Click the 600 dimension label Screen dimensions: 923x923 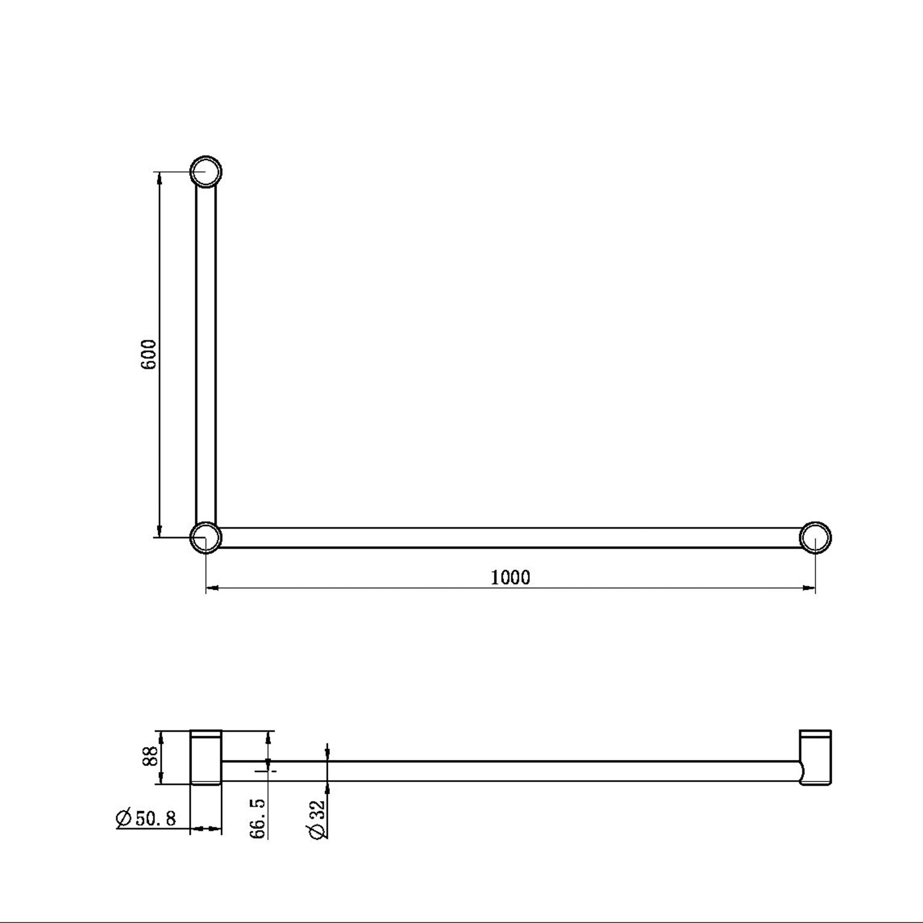150,354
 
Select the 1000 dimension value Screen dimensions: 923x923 510,577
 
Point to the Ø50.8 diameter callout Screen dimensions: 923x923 146,818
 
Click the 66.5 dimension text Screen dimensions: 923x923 258,818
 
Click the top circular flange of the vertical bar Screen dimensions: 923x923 206,172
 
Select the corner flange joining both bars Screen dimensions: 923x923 206,537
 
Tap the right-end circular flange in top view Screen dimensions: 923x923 815,537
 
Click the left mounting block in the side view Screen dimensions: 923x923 206,757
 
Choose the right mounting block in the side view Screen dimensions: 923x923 815,757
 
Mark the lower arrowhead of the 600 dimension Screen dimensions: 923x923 160,531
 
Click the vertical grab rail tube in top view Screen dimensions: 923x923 206,354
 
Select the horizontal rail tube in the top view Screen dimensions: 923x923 510,538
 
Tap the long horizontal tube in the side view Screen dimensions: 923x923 510,771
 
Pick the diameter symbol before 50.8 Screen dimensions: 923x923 124,818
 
